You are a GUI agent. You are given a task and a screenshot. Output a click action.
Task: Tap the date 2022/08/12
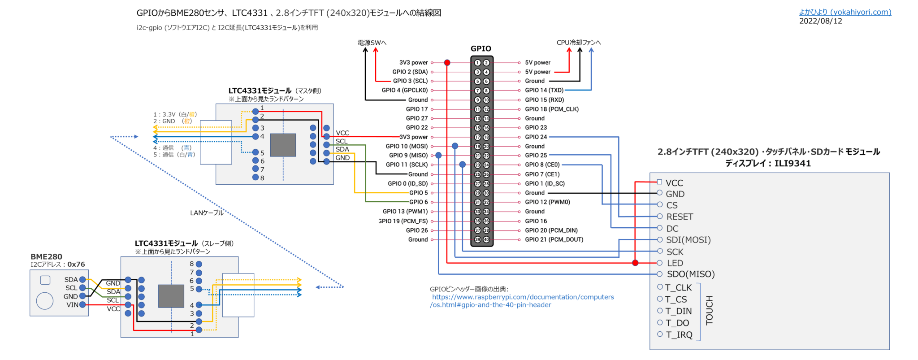click(820, 21)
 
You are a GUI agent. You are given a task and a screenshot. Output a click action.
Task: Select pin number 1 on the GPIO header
click(477, 63)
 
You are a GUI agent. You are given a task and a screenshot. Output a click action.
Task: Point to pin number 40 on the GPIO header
click(486, 239)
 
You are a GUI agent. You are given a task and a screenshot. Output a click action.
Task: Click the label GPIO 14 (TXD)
click(544, 90)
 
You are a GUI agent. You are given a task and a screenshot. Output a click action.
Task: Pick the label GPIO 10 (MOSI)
click(407, 146)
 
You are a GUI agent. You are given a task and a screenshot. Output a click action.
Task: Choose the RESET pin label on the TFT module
click(680, 217)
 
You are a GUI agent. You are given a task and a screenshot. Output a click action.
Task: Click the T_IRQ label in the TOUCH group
click(679, 334)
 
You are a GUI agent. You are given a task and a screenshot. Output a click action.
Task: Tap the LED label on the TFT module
click(675, 263)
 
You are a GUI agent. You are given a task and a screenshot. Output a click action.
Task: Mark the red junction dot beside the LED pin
click(635, 263)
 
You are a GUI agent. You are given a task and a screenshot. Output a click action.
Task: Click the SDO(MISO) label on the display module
click(690, 274)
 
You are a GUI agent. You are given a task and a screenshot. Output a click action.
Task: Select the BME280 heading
click(46, 256)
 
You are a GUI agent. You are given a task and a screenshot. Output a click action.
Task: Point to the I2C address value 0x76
click(76, 265)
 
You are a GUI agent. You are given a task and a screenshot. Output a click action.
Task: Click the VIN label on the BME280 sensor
click(72, 305)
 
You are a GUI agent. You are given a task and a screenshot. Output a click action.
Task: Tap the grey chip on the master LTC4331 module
click(283, 145)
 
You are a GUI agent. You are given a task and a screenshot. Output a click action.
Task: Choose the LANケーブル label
click(207, 213)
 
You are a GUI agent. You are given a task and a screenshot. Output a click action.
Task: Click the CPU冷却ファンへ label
click(579, 43)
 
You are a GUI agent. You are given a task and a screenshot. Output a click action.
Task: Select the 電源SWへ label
click(372, 43)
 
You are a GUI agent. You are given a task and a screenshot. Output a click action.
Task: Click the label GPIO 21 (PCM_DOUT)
click(554, 239)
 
